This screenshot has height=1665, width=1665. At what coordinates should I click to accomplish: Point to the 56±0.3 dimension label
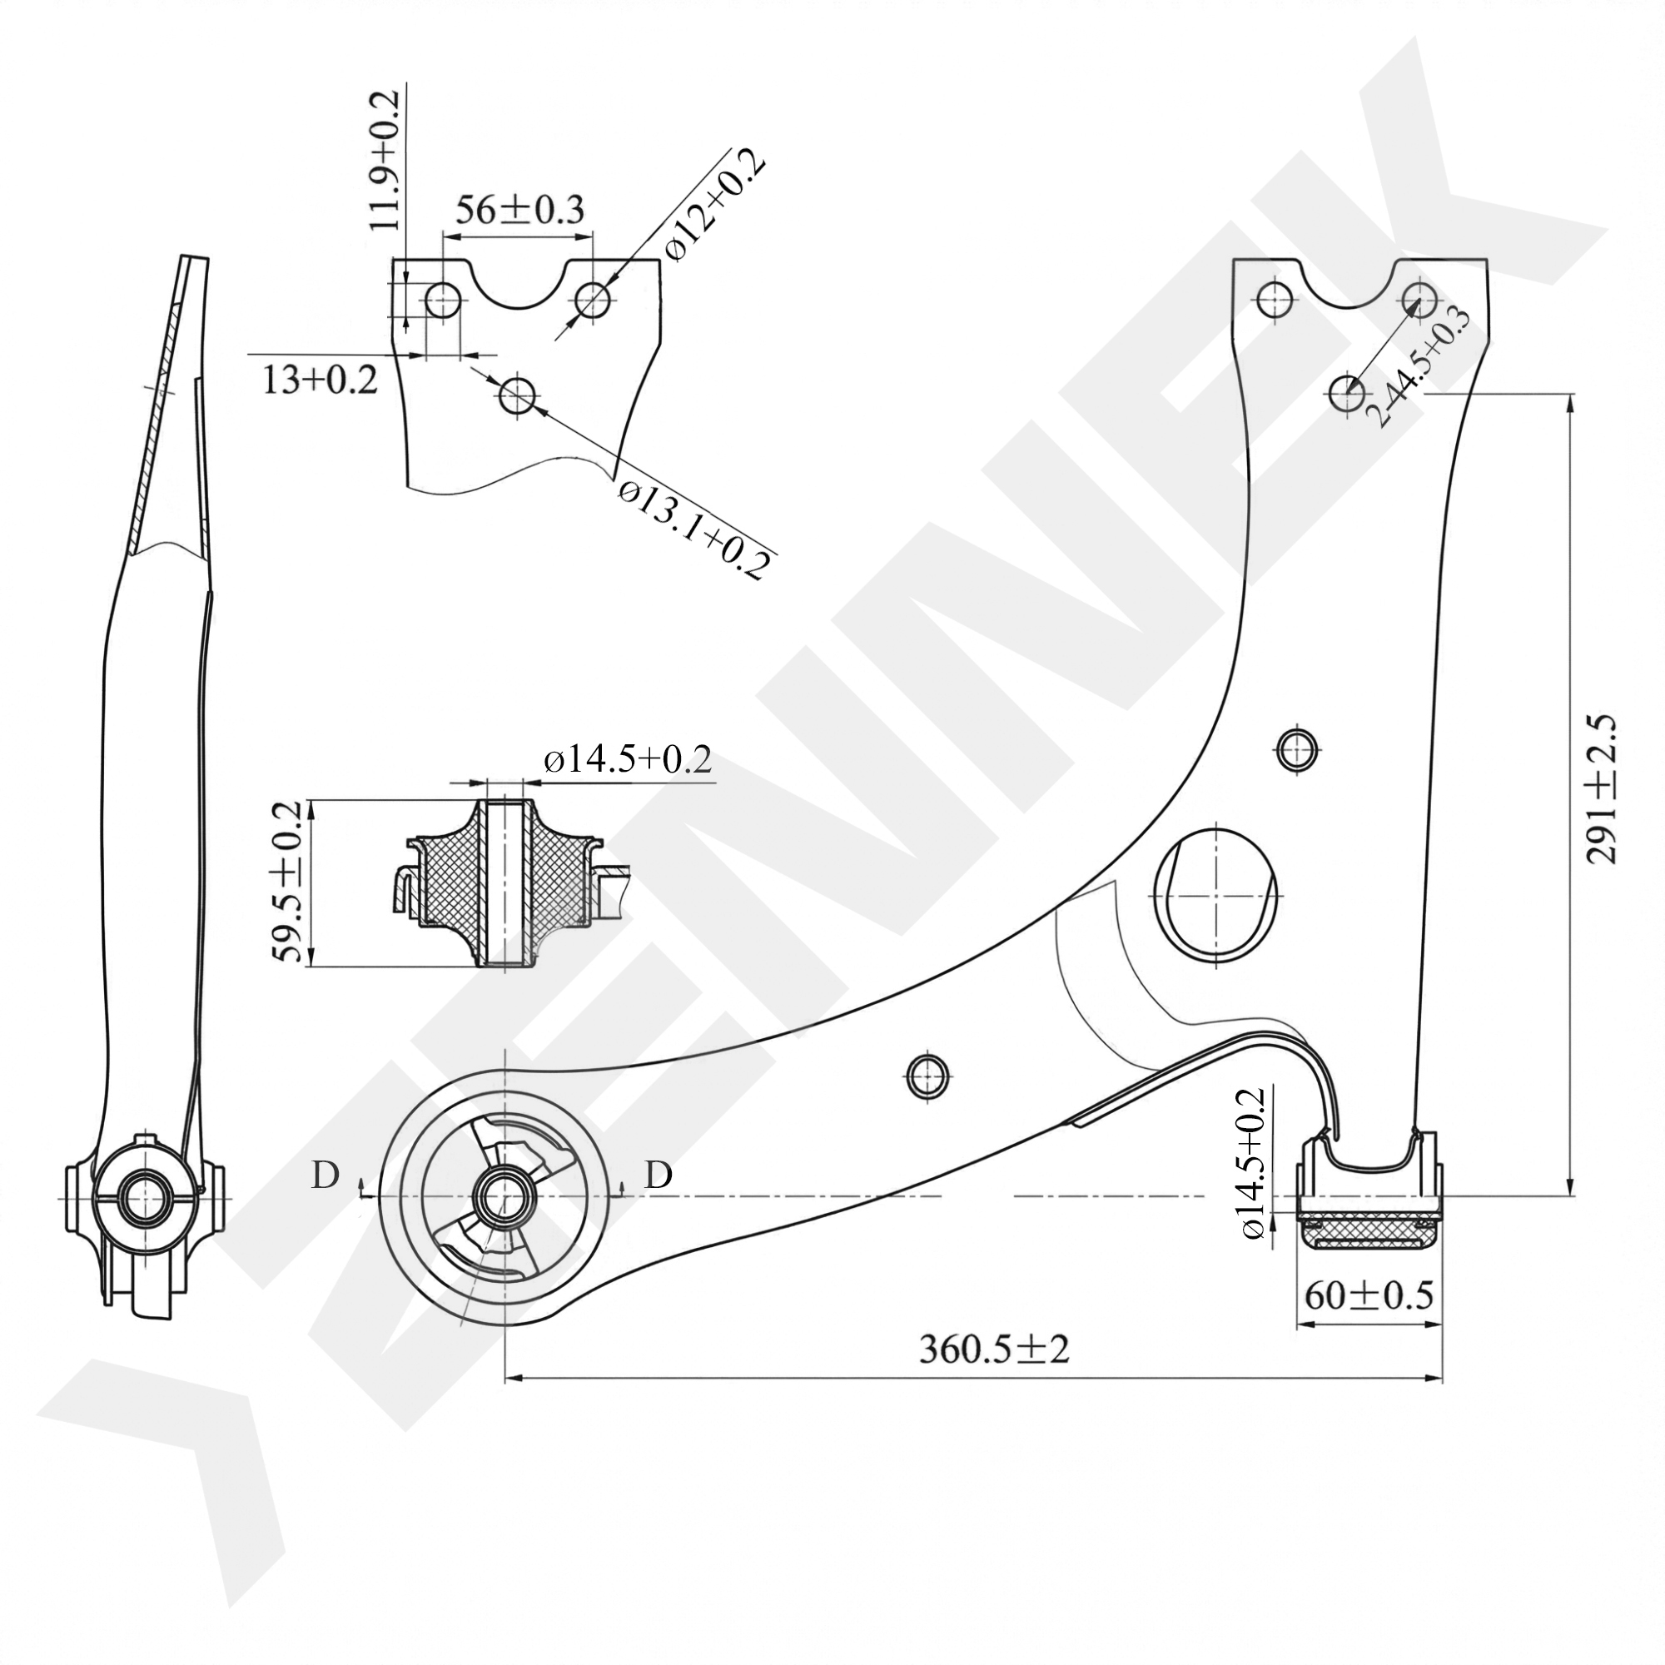519,210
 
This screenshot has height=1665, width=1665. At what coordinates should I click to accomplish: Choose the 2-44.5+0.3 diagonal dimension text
1418,366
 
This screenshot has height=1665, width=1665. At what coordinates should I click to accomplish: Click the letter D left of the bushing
325,1175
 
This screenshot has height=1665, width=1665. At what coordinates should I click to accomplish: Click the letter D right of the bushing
659,1175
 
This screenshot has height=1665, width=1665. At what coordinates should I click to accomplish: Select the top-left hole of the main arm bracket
1275,300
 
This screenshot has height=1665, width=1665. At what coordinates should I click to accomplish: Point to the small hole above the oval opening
1295,748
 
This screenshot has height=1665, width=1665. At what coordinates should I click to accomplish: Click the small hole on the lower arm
928,1075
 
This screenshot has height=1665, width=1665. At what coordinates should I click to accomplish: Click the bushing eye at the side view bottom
144,1198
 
